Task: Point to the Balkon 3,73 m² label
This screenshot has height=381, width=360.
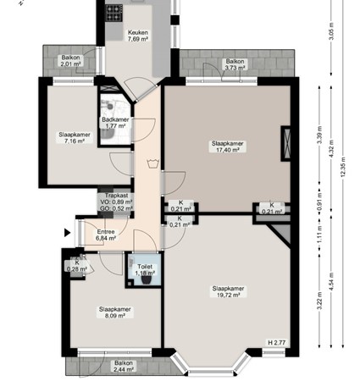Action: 235,66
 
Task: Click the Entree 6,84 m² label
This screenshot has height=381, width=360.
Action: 106,235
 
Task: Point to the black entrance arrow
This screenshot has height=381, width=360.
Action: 67,229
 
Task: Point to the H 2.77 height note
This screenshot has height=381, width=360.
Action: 276,342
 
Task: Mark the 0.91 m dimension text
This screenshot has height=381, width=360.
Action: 320,204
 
